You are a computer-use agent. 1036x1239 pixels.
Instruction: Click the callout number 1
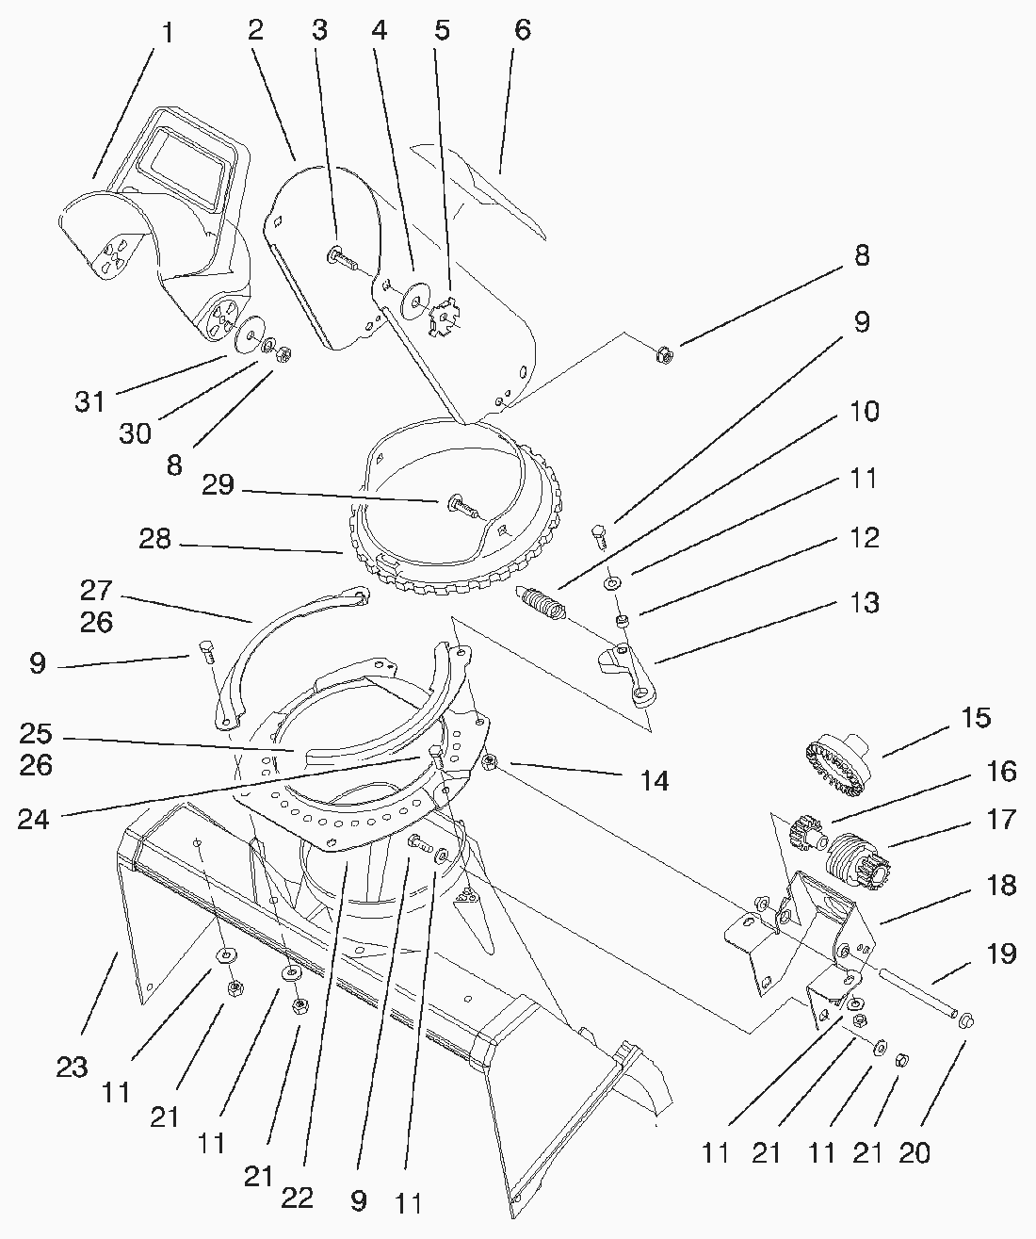pyautogui.click(x=168, y=34)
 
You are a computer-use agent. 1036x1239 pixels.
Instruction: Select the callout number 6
pyautogui.click(x=522, y=30)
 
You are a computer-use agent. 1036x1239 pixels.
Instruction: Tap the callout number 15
pyautogui.click(x=977, y=718)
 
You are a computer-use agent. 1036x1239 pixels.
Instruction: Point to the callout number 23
pyautogui.click(x=72, y=1067)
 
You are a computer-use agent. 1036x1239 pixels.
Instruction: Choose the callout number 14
pyautogui.click(x=655, y=780)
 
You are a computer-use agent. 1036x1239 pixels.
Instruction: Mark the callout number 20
pyautogui.click(x=915, y=1151)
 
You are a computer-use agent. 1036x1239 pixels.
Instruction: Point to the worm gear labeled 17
pyautogui.click(x=857, y=859)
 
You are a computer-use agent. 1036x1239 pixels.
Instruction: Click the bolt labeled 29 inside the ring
pyautogui.click(x=461, y=507)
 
